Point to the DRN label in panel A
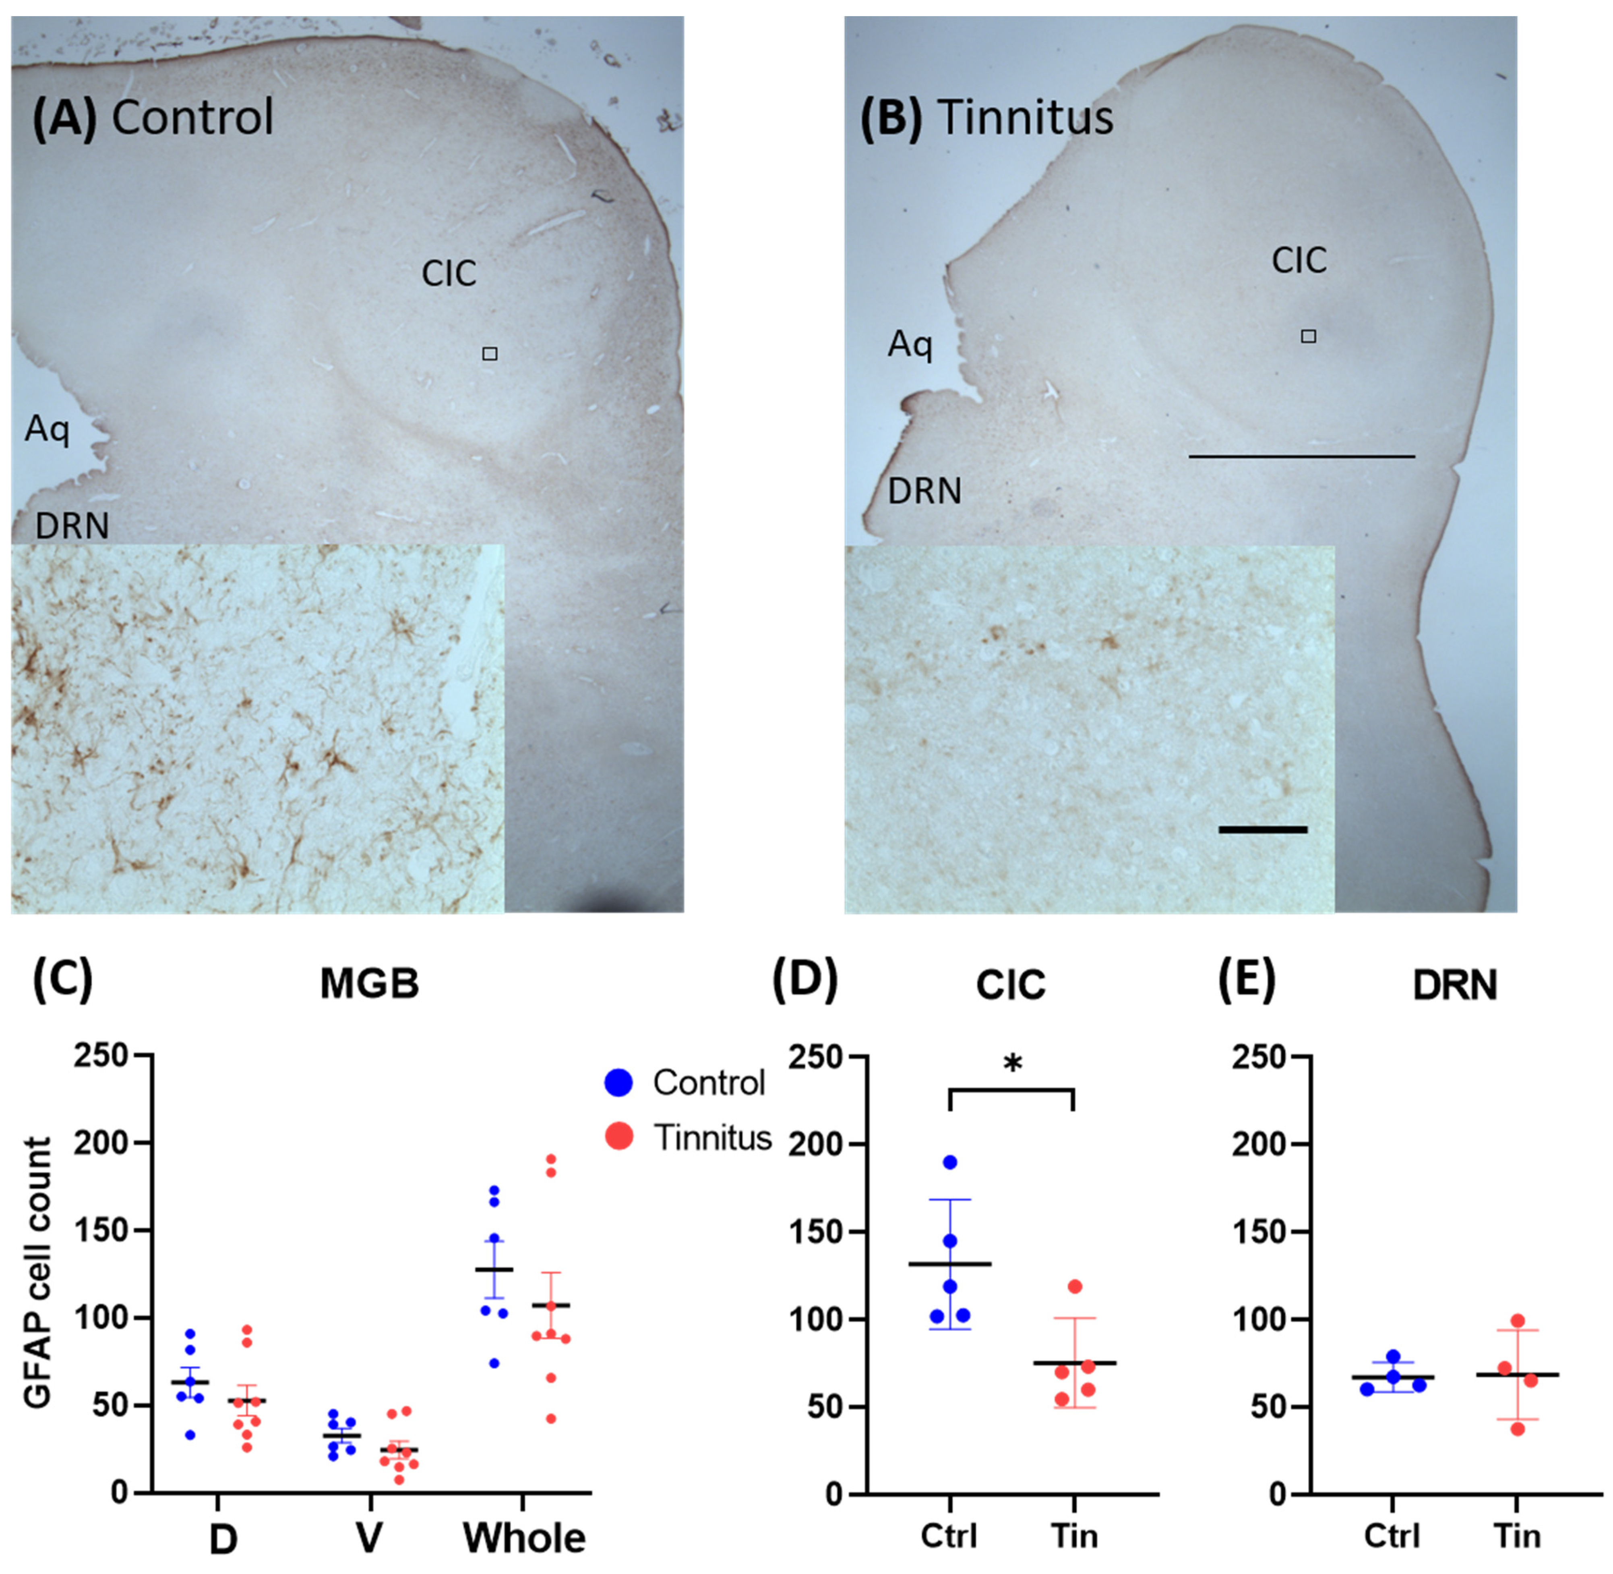pyautogui.click(x=72, y=525)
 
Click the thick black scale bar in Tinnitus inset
pyautogui.click(x=1263, y=829)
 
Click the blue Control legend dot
pyautogui.click(x=619, y=1083)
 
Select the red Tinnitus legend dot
pyautogui.click(x=619, y=1136)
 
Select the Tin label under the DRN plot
pyautogui.click(x=1517, y=1535)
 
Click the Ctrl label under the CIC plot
pyautogui.click(x=949, y=1535)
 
